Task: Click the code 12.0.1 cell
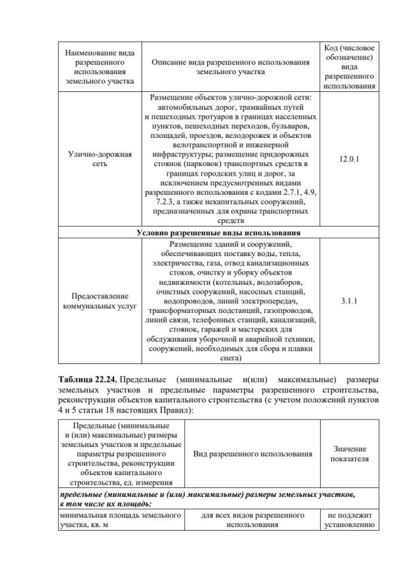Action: click(x=349, y=159)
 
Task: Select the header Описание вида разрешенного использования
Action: click(x=230, y=67)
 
